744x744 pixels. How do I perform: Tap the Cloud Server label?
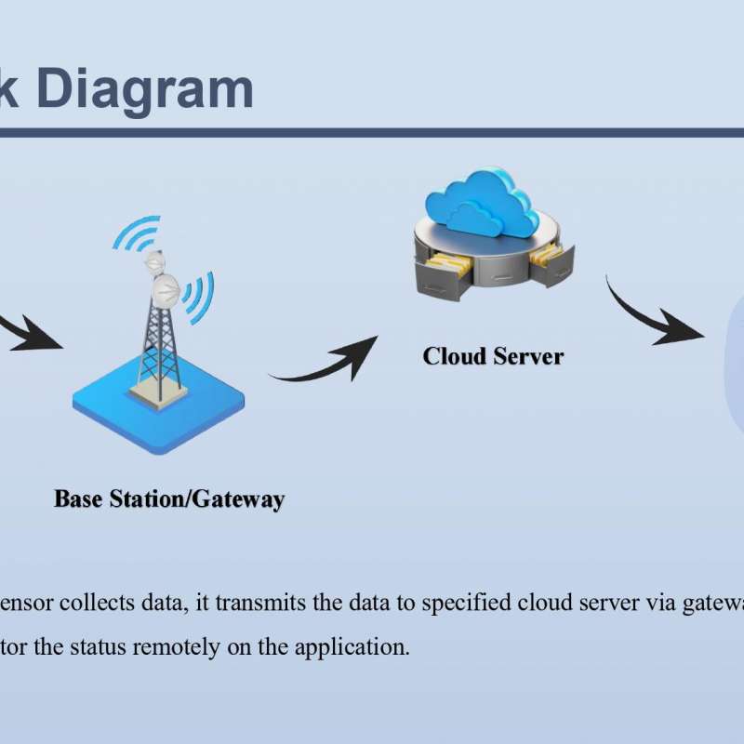493,355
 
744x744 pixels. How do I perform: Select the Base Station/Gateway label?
169,498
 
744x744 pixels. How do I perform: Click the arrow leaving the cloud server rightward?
651,312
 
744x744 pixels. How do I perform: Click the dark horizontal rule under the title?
372,132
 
